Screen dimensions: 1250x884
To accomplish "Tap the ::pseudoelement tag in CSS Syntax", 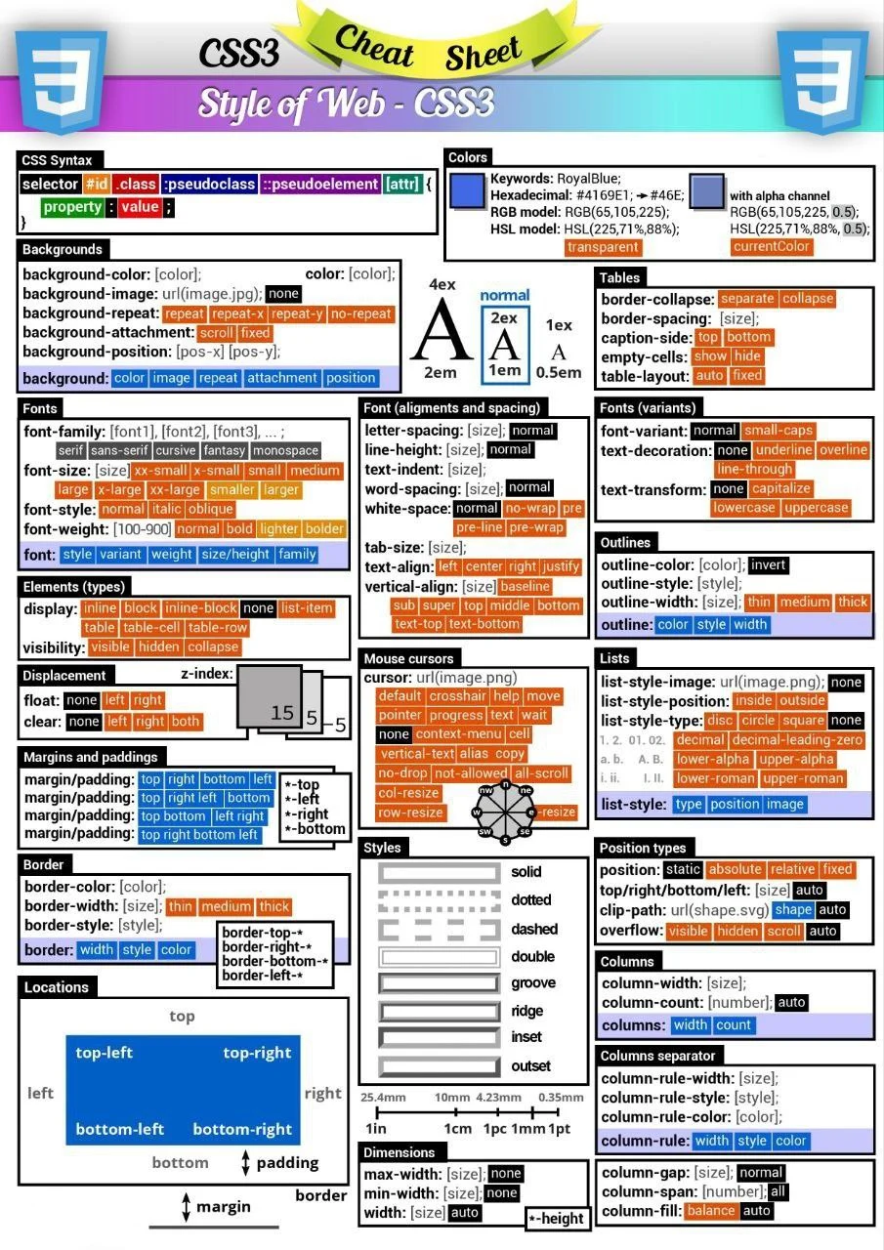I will tap(319, 184).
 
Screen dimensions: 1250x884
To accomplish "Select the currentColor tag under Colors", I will tap(772, 247).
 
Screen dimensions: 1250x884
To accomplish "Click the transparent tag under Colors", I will tap(603, 247).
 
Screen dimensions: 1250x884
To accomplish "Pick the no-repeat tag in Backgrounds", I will tap(360, 314).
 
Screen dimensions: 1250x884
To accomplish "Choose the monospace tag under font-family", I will tap(285, 451).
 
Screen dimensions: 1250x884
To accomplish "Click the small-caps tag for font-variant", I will tap(778, 431).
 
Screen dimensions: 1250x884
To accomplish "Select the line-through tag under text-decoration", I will tap(754, 470).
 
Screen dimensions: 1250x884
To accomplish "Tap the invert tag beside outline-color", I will tap(769, 565).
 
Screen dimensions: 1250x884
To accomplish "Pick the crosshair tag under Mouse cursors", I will tap(457, 696).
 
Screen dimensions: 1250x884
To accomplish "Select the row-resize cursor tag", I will tap(410, 812).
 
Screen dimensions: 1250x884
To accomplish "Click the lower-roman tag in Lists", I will tap(715, 778).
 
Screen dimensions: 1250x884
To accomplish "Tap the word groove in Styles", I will tap(533, 983).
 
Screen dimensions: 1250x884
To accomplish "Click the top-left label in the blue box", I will tap(105, 1053).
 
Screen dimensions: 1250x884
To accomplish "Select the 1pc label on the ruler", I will tap(494, 1128).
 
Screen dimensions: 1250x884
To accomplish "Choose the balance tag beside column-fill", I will tap(710, 1211).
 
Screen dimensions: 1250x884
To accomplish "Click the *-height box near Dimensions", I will tap(556, 1218).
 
